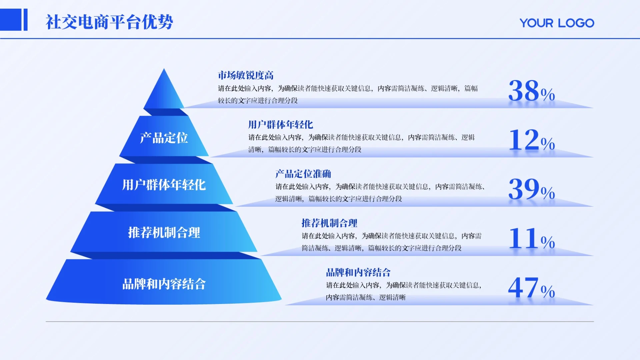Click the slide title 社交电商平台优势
109,22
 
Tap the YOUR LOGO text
557,23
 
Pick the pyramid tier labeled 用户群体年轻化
164,184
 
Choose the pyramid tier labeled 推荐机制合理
164,232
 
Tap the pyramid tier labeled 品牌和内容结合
164,282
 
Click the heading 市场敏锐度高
246,75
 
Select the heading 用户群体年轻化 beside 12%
280,125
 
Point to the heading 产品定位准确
303,174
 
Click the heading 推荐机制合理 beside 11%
329,223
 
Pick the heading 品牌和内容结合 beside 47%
358,272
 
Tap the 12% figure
531,140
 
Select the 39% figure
531,189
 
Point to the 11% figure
531,239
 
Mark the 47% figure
531,288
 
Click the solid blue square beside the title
10,20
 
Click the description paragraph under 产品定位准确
380,193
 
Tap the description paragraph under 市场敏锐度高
348,94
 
